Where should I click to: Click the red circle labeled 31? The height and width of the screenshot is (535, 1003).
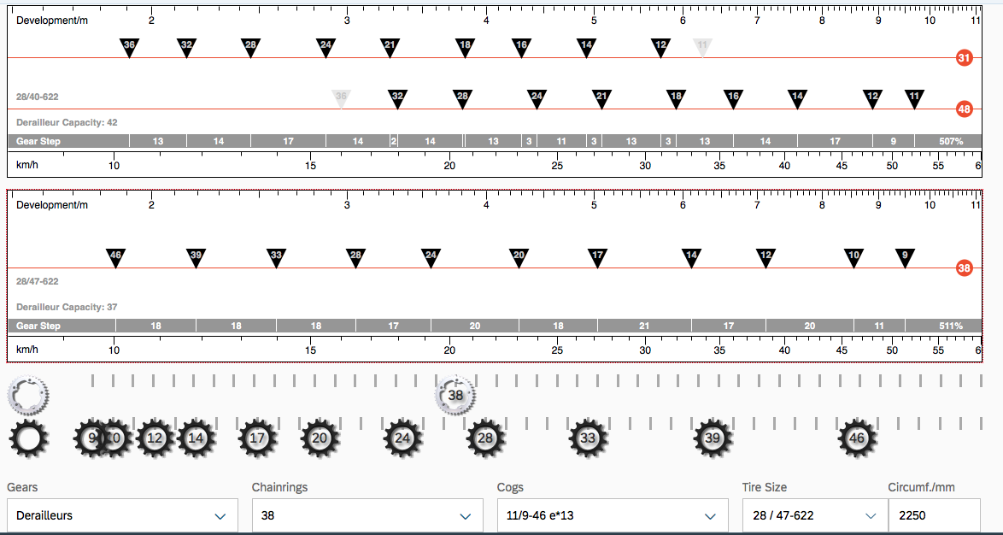pyautogui.click(x=964, y=58)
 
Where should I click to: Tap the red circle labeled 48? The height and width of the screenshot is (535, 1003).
pyautogui.click(x=964, y=109)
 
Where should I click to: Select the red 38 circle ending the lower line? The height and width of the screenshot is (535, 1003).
pyautogui.click(x=964, y=268)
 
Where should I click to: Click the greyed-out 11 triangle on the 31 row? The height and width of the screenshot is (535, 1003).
pyautogui.click(x=702, y=47)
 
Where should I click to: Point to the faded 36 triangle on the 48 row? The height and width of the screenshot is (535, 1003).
pyautogui.click(x=341, y=98)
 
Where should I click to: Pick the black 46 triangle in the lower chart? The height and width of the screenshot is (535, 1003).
pyautogui.click(x=115, y=257)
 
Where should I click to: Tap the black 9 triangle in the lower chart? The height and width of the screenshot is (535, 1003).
pyautogui.click(x=905, y=257)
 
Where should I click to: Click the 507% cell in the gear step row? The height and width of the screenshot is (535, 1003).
pyautogui.click(x=950, y=141)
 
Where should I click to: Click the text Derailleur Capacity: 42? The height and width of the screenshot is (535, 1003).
pyautogui.click(x=67, y=122)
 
